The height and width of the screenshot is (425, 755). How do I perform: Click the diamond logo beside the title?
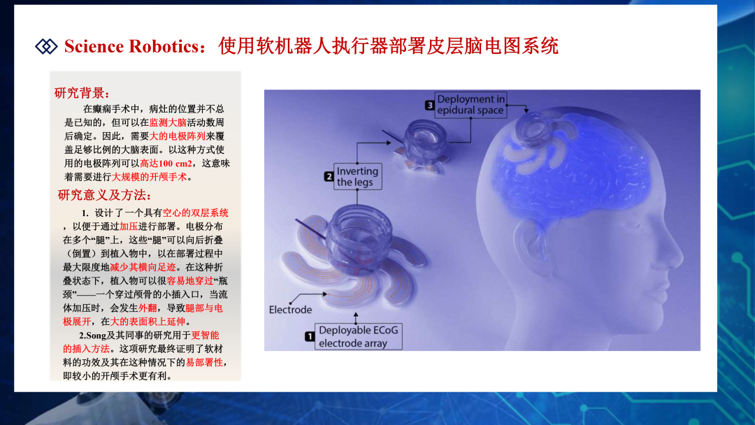(46, 46)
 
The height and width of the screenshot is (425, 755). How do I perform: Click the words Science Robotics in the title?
(131, 46)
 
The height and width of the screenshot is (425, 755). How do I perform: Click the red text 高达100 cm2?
(166, 163)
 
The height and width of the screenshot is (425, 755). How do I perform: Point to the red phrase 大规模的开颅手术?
(150, 177)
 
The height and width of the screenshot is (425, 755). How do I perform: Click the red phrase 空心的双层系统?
(196, 212)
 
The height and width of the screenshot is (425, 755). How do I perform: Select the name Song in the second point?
(96, 335)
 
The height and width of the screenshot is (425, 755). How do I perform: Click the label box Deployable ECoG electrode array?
(358, 336)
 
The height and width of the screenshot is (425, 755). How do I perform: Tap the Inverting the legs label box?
(357, 177)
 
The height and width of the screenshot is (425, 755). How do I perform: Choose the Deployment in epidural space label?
(470, 105)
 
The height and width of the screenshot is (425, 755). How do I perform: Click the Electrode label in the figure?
(290, 310)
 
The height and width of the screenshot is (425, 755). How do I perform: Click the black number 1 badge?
(310, 336)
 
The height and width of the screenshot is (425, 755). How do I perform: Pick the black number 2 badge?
(329, 177)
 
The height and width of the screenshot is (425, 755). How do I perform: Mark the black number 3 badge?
(429, 105)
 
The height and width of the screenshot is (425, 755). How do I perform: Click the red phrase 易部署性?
(205, 362)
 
